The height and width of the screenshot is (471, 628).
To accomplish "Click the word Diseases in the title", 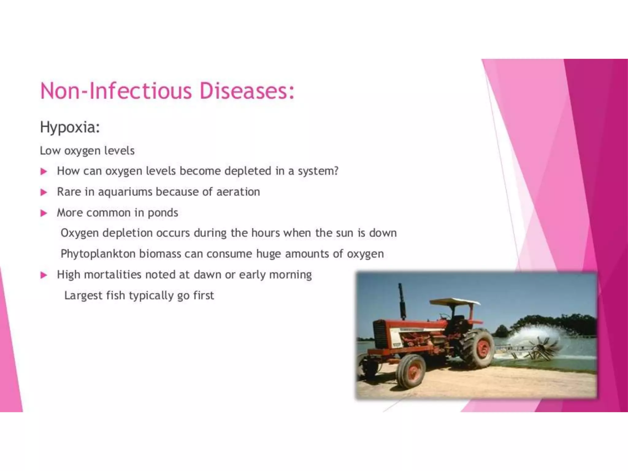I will (x=247, y=91).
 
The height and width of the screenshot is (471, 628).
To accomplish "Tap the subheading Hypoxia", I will (x=70, y=127).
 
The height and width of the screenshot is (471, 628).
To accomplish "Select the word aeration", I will (x=238, y=192).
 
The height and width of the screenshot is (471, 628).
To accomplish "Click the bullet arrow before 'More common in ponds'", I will (x=44, y=213).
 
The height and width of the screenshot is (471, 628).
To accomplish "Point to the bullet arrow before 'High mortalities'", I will (x=44, y=275).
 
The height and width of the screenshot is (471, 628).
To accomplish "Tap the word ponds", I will (x=163, y=213).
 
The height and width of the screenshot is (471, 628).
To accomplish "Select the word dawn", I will (x=208, y=275).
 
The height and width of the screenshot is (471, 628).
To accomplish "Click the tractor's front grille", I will (x=380, y=334).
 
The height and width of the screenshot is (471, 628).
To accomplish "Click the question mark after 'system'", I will (x=336, y=171).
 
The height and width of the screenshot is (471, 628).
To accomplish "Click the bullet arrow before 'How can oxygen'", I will (x=44, y=171).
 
